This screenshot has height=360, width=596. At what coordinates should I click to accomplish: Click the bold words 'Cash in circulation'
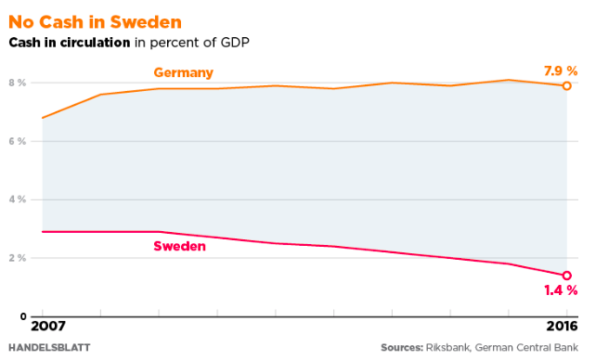69,42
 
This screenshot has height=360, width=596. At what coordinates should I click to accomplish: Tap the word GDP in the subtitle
235,42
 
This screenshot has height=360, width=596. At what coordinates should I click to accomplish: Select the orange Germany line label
184,72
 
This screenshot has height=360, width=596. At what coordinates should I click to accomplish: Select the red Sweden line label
179,247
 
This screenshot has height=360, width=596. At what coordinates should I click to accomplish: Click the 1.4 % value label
560,290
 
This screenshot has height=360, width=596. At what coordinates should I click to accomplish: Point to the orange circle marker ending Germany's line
566,85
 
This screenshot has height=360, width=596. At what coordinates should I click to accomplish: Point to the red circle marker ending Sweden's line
566,276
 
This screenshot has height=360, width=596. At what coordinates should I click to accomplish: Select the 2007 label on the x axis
44,327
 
